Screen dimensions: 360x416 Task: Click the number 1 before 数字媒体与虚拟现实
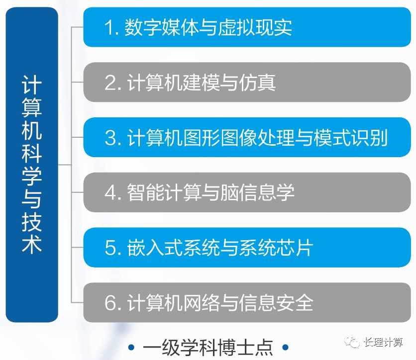click(108, 27)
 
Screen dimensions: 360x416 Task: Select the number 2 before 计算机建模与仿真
click(109, 83)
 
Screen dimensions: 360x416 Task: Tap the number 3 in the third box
click(109, 138)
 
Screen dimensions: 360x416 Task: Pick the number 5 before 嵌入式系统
click(110, 248)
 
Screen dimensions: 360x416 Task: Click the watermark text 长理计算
click(383, 342)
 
